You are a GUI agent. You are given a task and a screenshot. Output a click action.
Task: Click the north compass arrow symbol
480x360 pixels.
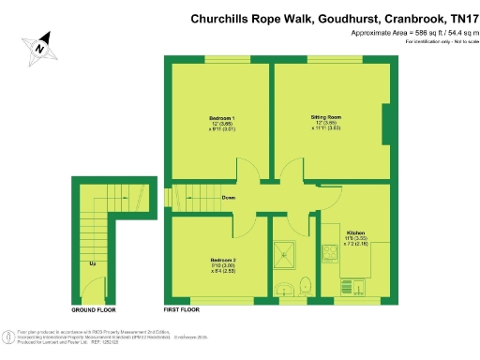[x=40, y=43]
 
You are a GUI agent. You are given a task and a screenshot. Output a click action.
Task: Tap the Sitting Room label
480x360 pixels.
[x=326, y=118]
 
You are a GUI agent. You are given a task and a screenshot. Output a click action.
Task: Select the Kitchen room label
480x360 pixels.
[x=355, y=232]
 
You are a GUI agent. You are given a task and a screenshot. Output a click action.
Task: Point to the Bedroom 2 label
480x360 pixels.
[x=223, y=260]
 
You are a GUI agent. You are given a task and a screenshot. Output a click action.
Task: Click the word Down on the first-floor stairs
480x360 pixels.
[x=229, y=198]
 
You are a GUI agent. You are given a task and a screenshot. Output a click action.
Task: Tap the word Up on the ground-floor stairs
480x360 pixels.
[x=92, y=263]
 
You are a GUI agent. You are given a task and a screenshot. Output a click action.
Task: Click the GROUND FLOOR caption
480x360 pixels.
[x=94, y=308]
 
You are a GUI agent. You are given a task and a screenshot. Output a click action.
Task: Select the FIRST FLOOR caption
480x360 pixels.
[x=184, y=308]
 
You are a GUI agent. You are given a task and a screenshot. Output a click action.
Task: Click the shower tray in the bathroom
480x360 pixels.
[x=282, y=249]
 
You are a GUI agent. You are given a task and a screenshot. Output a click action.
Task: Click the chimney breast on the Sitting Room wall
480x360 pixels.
[x=385, y=124]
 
